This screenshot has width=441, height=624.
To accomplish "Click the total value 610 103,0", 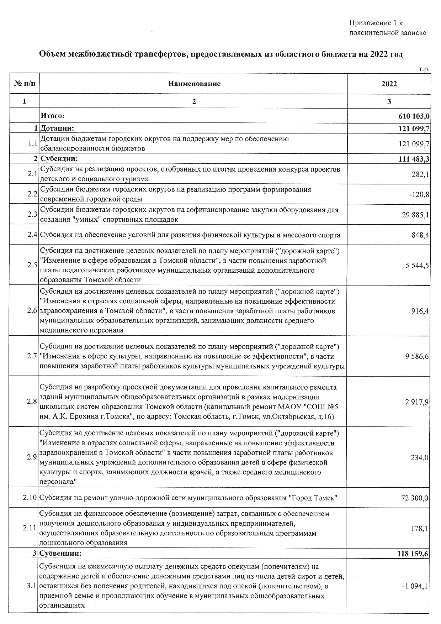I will tap(414, 116).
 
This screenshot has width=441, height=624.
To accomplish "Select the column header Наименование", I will tap(194, 84).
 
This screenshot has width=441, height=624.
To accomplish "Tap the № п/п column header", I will tap(25, 84).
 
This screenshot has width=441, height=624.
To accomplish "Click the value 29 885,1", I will tap(415, 215).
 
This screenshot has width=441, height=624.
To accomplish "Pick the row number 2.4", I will tap(32, 235).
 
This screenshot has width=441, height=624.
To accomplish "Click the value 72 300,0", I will tap(415, 498).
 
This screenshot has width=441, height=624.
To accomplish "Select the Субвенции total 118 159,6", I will tap(413, 554).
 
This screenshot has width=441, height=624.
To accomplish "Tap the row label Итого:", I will tap(53, 116).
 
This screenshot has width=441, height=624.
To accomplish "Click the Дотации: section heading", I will tap(57, 129).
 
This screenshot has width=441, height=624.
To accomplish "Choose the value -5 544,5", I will tap(415, 266).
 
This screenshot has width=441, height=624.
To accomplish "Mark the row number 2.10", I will tap(30, 498).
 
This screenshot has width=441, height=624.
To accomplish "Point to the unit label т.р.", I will tap(424, 69).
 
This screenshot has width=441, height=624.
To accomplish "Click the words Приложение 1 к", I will tap(376, 23).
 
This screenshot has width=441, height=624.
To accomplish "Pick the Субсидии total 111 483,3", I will tap(414, 159).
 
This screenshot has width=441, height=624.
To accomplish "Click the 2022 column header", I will tap(389, 84).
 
